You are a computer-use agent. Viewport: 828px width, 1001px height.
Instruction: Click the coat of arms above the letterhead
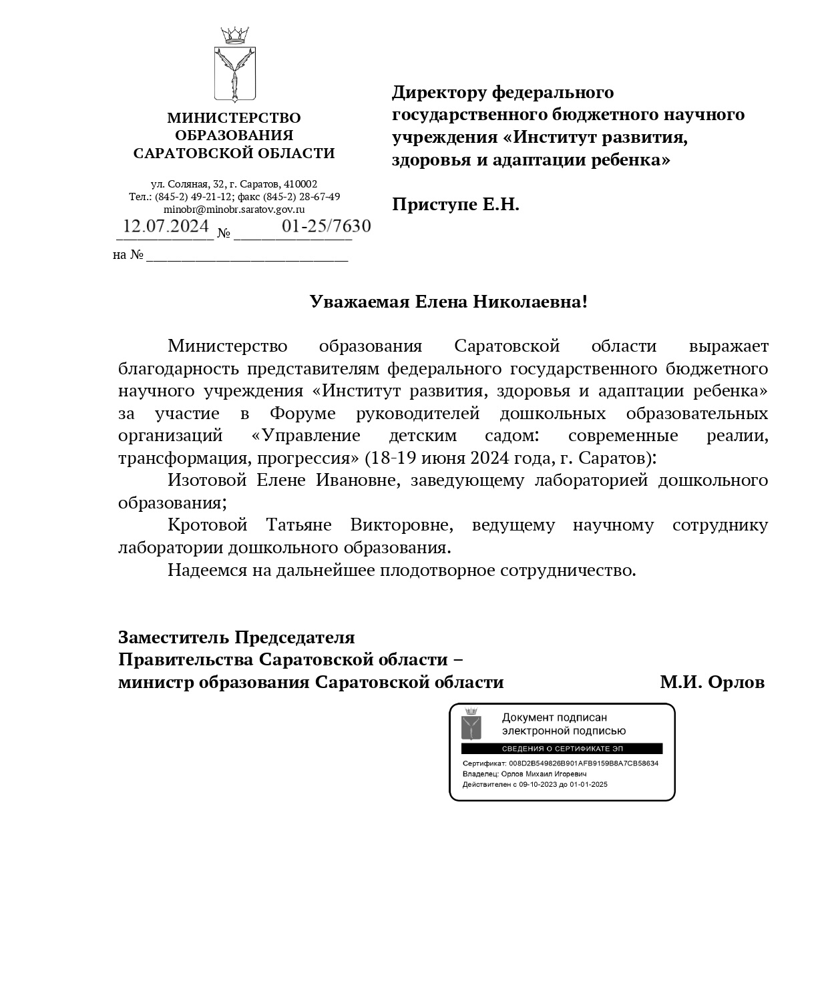[x=235, y=65]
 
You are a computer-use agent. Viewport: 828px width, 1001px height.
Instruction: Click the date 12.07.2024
[x=166, y=226]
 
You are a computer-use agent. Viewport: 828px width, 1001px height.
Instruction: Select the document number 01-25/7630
[x=326, y=226]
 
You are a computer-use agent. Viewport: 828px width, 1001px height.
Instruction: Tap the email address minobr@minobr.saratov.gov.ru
[x=234, y=209]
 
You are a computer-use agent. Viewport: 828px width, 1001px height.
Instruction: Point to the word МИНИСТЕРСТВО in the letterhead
[x=234, y=118]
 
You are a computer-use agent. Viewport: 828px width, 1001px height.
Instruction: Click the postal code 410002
[x=300, y=184]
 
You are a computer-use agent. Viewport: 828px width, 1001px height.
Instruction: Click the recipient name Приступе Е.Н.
[x=455, y=204]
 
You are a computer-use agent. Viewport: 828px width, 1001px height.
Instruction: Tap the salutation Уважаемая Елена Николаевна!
[x=448, y=302]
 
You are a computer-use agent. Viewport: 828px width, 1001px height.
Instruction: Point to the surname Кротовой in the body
[x=207, y=525]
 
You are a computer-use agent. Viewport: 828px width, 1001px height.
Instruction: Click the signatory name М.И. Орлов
[x=712, y=682]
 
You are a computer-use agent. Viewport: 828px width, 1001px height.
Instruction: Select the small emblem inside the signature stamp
[x=471, y=723]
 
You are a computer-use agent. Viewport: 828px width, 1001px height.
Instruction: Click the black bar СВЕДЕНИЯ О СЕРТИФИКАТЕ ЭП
[x=562, y=749]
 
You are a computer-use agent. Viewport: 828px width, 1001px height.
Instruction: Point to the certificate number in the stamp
[x=583, y=763]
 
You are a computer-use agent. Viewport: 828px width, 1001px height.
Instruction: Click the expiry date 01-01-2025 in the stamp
[x=588, y=784]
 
